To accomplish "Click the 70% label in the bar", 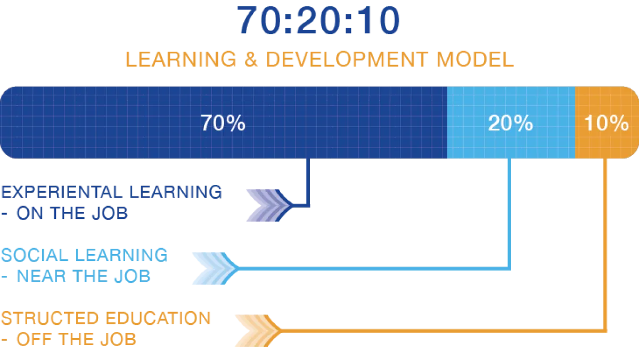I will [223, 124].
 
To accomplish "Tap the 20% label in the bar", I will [510, 124].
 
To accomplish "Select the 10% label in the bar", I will [606, 124].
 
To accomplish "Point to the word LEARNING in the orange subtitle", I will [180, 59].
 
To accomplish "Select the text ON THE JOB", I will [72, 214].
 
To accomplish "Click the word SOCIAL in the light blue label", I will [31, 255].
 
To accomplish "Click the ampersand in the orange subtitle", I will [250, 59].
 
